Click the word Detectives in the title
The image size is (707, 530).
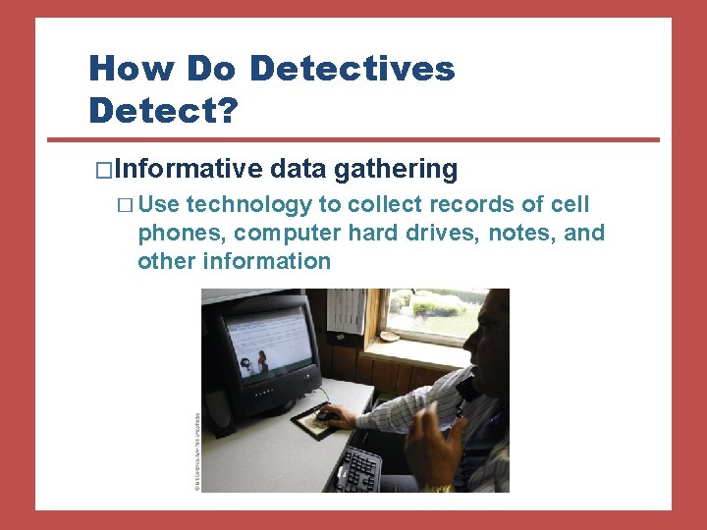click(x=352, y=69)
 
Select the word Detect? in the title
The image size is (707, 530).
click(x=163, y=111)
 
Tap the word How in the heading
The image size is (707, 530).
click(x=122, y=69)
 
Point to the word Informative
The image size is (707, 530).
click(x=189, y=170)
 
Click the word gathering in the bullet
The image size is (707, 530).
click(x=396, y=170)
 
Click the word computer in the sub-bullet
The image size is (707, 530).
click(x=279, y=233)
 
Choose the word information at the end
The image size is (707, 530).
click(x=266, y=261)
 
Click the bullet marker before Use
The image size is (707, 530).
click(x=123, y=205)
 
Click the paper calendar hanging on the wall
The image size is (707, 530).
click(x=345, y=308)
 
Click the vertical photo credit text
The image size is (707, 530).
click(x=196, y=442)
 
